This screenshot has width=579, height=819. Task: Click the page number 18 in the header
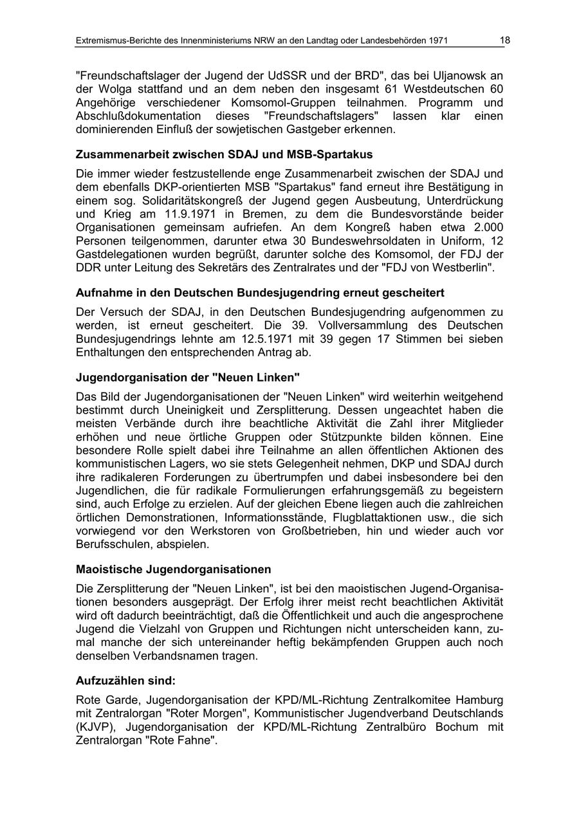point(505,41)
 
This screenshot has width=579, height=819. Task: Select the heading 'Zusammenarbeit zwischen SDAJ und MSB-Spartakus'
point(224,154)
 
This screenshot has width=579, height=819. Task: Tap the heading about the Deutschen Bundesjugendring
point(260,293)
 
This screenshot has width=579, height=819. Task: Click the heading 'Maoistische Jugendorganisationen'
point(173,569)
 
